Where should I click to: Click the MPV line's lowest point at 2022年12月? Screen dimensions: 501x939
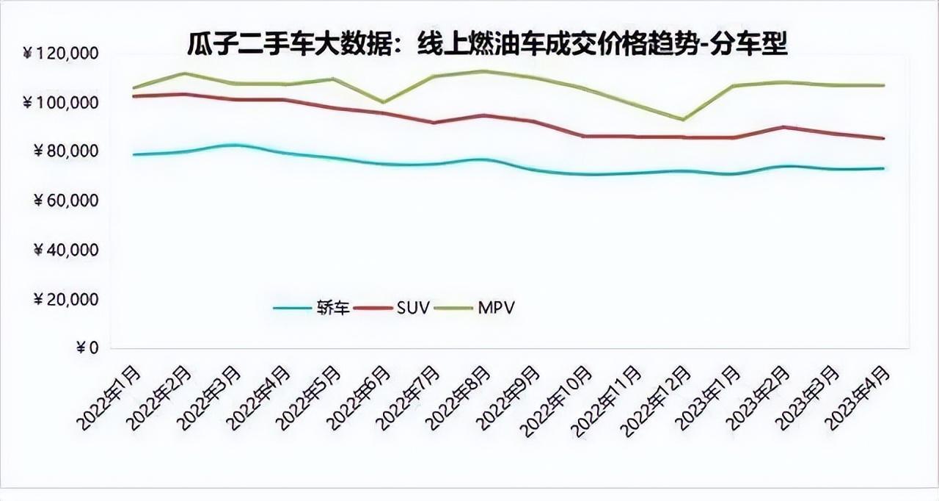684,120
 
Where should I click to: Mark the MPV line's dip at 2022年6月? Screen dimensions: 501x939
383,102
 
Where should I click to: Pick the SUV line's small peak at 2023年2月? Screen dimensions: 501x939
784,127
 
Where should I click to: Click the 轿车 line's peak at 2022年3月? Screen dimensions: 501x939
233,145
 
